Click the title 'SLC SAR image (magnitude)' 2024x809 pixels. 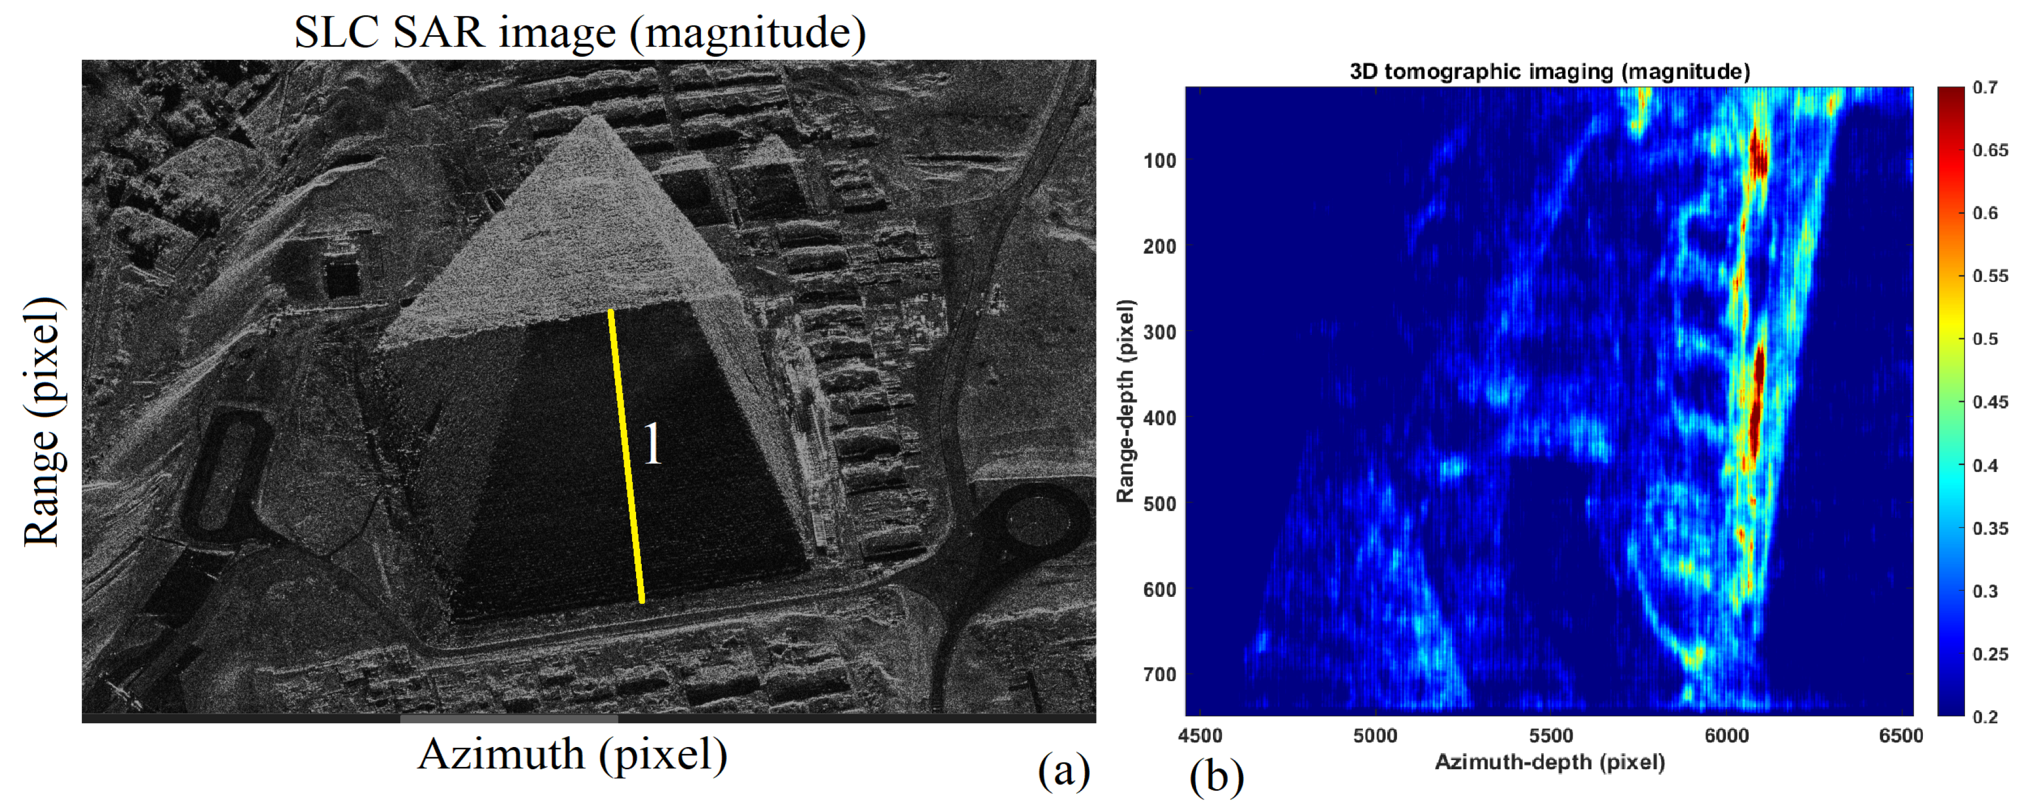[580, 33]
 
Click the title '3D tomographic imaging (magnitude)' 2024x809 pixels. [1549, 72]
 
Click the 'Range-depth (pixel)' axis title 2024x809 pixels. [1125, 401]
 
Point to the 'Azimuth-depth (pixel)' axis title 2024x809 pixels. [1549, 762]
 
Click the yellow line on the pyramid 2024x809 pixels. [626, 456]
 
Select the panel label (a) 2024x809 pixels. [1064, 770]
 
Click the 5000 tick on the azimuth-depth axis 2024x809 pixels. [1375, 736]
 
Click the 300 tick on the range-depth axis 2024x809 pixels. [1159, 332]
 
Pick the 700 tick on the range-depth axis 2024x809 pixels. [1159, 675]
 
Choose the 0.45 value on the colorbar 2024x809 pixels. [1989, 402]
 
